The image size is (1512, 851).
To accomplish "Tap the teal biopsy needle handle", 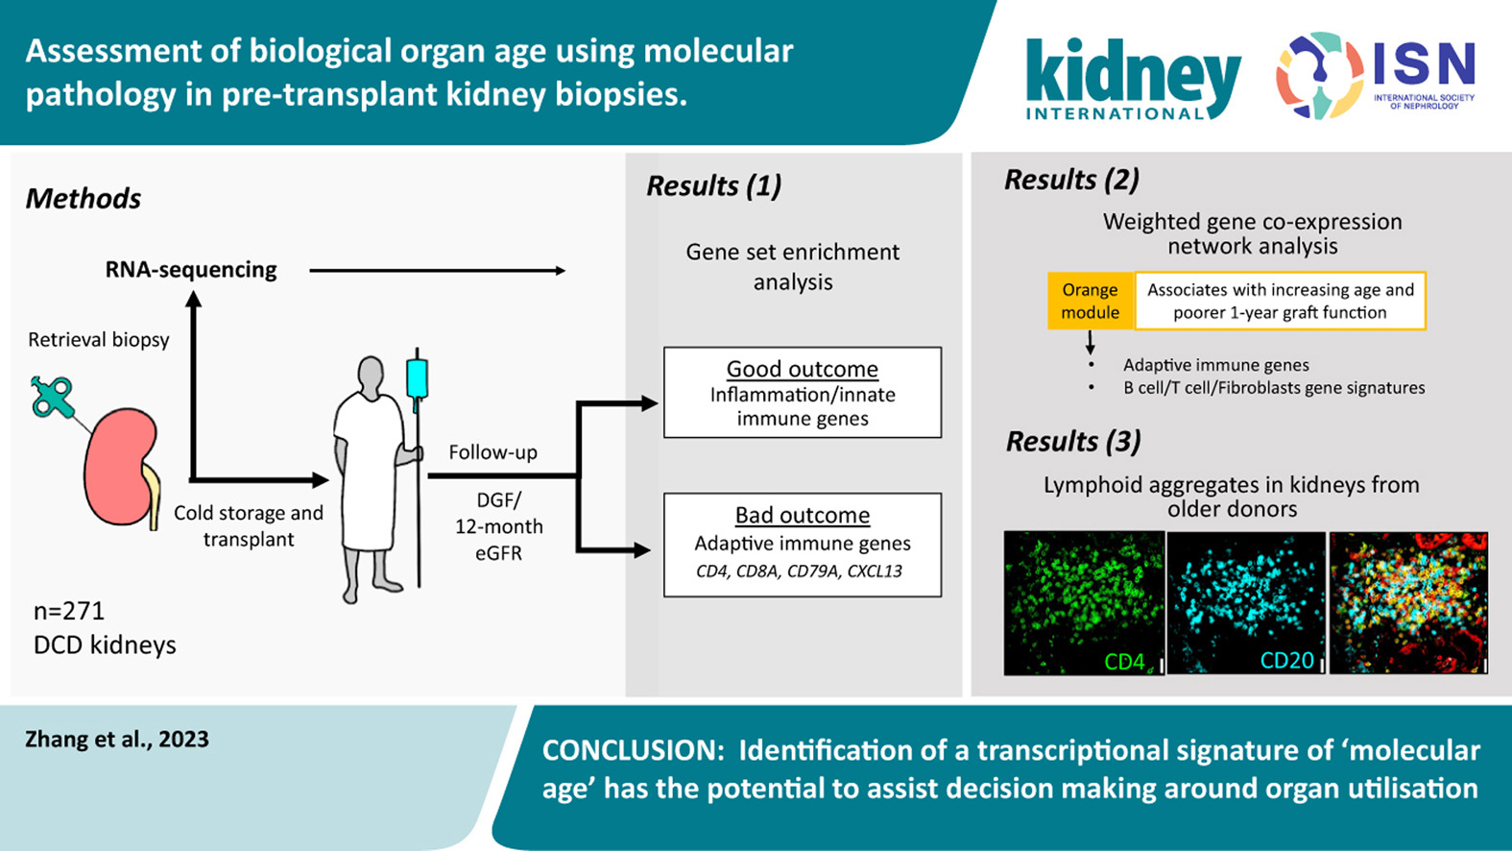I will click(51, 397).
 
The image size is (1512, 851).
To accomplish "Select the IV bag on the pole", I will click(417, 377).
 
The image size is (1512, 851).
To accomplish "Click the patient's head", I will click(372, 377).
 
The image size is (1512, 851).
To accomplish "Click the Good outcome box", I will click(803, 393).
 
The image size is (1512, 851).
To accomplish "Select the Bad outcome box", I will click(803, 545).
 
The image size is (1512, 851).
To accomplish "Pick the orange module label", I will click(1090, 301).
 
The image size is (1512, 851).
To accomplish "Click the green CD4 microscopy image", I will click(1084, 602).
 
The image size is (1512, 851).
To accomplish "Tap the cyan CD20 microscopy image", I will click(1246, 602).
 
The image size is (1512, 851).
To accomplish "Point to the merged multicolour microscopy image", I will click(1408, 602).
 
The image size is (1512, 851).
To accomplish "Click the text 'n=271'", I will click(69, 611).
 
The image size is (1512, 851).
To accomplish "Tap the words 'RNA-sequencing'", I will click(191, 270).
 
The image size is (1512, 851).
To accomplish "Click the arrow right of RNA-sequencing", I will click(437, 271).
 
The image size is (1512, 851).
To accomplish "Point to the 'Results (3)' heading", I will click(1073, 441).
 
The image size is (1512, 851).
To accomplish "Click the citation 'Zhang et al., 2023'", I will click(117, 739).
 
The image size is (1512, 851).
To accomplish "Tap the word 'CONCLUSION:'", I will click(633, 750).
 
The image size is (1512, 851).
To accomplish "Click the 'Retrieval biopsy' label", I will click(98, 340).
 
